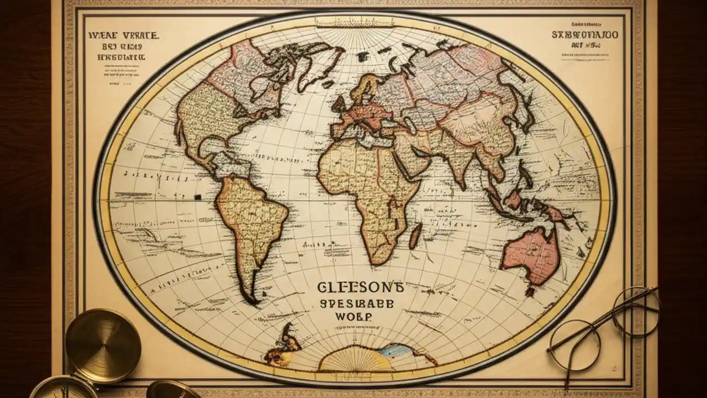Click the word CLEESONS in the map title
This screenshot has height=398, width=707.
point(361,287)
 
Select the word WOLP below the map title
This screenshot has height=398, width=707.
point(353,317)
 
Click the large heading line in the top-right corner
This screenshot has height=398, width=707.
point(585,35)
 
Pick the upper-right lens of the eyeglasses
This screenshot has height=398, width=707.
point(636,312)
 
